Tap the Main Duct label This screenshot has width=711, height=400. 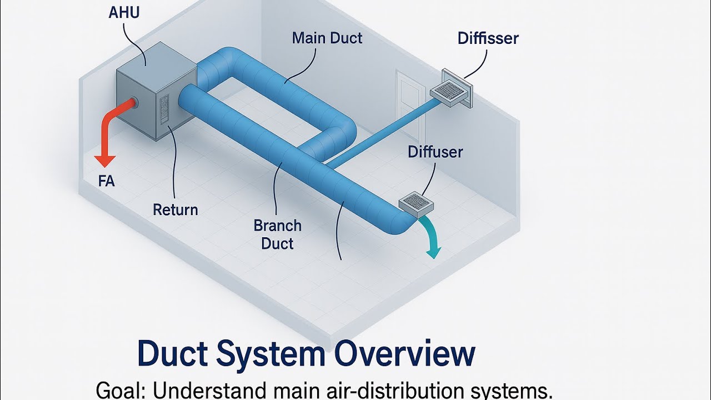tap(327, 38)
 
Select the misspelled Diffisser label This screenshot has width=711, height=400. tap(488, 38)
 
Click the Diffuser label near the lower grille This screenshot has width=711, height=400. tap(435, 152)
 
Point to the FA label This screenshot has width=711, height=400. tap(106, 182)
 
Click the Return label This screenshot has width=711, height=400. tap(176, 209)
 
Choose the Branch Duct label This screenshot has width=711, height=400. tap(277, 234)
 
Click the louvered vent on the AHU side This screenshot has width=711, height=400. tap(164, 109)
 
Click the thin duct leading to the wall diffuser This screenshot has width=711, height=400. tap(383, 131)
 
